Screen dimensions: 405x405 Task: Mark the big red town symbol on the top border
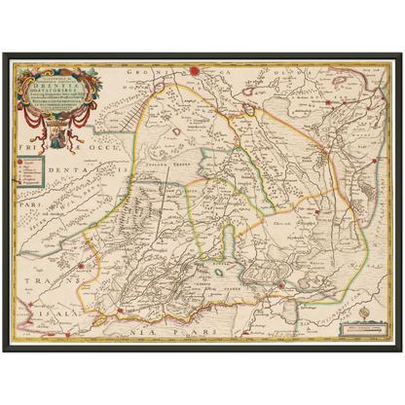point(195,70)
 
